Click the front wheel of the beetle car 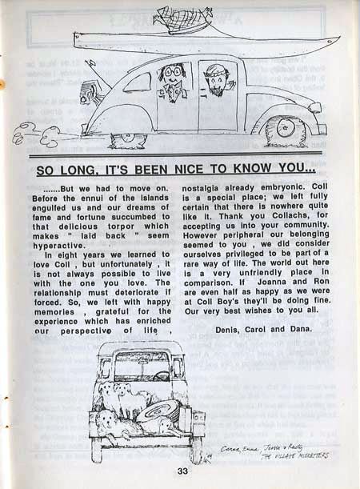pyautogui.click(x=284, y=130)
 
